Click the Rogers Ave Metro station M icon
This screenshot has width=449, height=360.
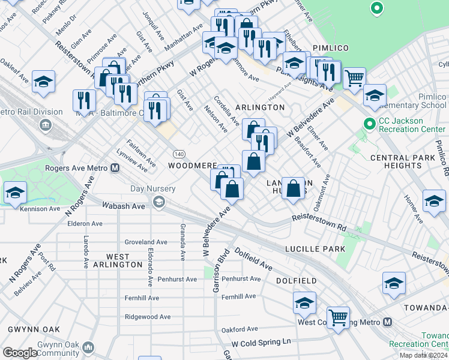[x=114, y=168]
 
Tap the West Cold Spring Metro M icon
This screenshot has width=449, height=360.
[x=388, y=322]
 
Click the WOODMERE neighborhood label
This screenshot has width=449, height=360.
[x=192, y=165]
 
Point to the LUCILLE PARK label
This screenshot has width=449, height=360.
[x=315, y=249]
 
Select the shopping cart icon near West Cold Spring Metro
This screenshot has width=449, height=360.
[x=338, y=317]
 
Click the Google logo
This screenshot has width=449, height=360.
[x=20, y=353]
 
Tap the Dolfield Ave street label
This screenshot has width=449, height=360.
[x=253, y=259]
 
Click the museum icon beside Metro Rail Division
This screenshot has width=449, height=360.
[x=46, y=125]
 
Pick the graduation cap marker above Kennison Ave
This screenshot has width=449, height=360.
[x=15, y=193]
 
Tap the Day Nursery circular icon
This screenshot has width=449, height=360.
[x=158, y=200]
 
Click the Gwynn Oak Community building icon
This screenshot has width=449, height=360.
[x=89, y=347]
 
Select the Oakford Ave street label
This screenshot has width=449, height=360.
[x=240, y=329]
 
